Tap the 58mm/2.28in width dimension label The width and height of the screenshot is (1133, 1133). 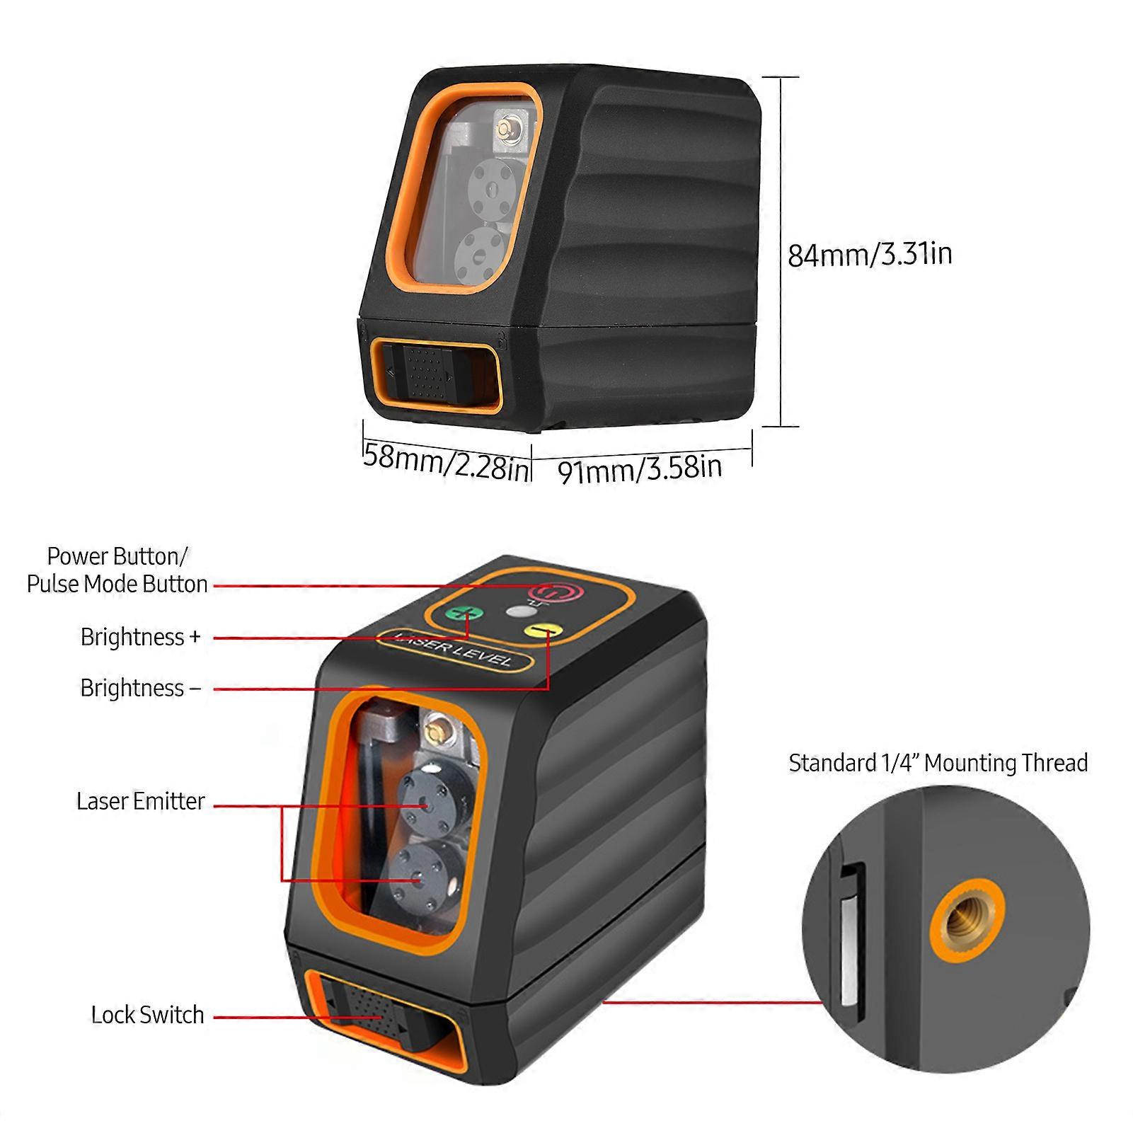(447, 460)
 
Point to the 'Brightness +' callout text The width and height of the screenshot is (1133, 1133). (141, 637)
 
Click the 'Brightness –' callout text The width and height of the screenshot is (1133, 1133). (141, 688)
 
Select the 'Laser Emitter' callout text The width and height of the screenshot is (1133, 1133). (141, 801)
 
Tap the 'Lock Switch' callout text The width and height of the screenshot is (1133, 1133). (147, 1015)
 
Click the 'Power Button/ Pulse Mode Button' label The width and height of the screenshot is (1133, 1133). (117, 570)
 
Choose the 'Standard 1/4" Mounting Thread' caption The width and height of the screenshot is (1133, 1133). (938, 763)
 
